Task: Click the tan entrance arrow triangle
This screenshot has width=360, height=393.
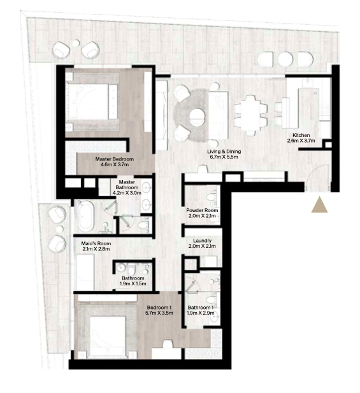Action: pos(319,206)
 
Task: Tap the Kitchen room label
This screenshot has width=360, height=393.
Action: pos(301,135)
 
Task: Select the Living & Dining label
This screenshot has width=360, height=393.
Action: pos(224,152)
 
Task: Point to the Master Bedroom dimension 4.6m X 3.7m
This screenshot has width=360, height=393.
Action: pos(115,165)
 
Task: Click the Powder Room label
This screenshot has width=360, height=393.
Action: pos(202,210)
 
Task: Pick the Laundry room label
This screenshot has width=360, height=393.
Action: pos(202,241)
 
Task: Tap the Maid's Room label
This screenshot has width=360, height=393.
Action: pos(96,243)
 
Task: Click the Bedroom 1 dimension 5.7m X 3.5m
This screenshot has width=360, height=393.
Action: pos(159,313)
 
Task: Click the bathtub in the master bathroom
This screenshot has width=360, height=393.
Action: pos(86,216)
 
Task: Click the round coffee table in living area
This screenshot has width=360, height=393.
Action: pos(198,117)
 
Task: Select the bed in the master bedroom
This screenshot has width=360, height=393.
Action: pos(92,101)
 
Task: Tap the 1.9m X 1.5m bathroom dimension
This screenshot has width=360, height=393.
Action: pos(133,283)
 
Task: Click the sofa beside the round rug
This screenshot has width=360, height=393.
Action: pos(219,115)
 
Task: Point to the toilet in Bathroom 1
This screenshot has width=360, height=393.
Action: pos(212,299)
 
